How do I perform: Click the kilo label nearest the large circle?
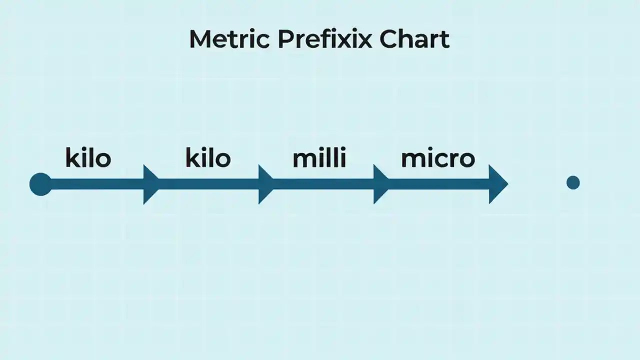pyautogui.click(x=88, y=158)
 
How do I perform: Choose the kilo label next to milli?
pyautogui.click(x=208, y=158)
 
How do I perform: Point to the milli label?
pyautogui.click(x=319, y=158)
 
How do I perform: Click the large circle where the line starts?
pyautogui.click(x=40, y=184)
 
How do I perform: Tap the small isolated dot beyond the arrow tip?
pyautogui.click(x=573, y=182)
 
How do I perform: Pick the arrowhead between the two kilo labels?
pyautogui.click(x=150, y=184)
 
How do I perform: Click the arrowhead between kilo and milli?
pyautogui.click(x=265, y=184)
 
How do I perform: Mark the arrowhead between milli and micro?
pyautogui.click(x=380, y=184)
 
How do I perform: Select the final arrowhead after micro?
pyautogui.click(x=496, y=184)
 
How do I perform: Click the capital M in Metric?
pyautogui.click(x=199, y=39)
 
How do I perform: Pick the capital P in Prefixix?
pyautogui.click(x=285, y=39)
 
